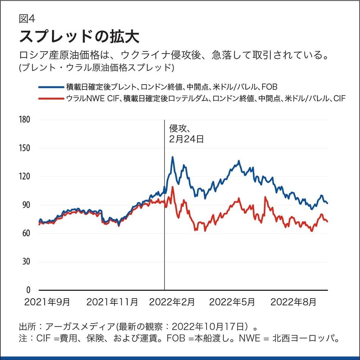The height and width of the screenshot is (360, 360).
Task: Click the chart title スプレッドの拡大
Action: point(79,37)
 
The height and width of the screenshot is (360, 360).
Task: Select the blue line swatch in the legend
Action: point(51,87)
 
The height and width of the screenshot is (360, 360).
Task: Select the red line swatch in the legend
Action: point(51,99)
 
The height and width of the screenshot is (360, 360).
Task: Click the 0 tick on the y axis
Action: point(28,290)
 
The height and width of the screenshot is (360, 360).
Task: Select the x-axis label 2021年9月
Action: point(47,302)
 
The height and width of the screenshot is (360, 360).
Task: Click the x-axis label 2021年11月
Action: point(112,302)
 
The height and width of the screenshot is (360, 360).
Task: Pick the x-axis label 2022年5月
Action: point(232,302)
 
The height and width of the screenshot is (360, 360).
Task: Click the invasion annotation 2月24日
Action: point(186,139)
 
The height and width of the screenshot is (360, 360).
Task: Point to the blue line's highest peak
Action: point(172,157)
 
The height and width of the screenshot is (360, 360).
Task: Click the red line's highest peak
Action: point(173,187)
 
